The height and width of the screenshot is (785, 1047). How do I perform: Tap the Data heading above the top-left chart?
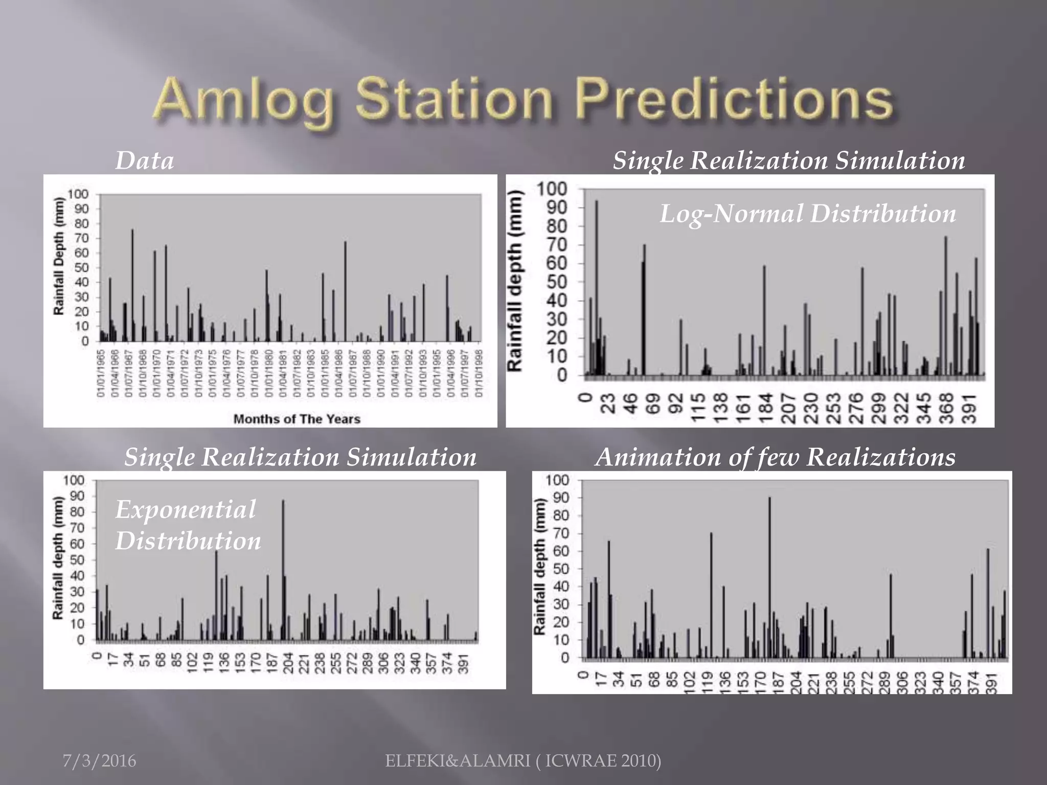(145, 160)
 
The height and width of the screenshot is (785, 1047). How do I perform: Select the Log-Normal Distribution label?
(808, 214)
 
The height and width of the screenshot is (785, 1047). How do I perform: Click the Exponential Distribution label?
(187, 525)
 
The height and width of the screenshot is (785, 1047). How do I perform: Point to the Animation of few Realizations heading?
(775, 457)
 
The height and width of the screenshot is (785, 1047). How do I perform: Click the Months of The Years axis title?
(297, 419)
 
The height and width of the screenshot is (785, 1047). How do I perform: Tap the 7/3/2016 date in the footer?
(99, 761)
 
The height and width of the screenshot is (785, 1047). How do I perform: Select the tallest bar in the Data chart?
(133, 286)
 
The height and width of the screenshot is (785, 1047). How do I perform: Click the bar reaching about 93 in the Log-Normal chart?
(596, 286)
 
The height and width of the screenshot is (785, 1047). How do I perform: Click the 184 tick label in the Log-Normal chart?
(765, 408)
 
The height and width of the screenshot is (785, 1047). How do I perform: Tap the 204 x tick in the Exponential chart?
(288, 663)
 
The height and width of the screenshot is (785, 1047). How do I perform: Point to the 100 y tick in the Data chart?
(78, 194)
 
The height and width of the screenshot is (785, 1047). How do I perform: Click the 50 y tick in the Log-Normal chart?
(557, 282)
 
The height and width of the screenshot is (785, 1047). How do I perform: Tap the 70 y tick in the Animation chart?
(561, 533)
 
